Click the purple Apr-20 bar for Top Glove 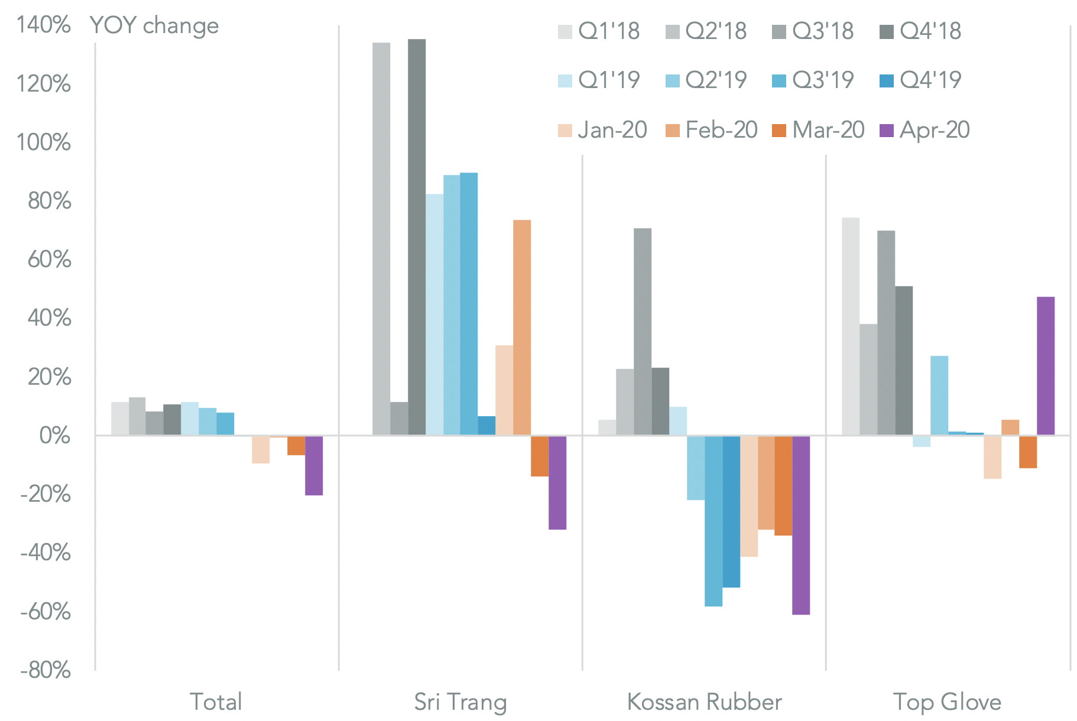point(1045,366)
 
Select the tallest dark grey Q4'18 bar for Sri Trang point(417,237)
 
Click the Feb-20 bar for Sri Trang point(522,327)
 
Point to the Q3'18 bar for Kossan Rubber point(643,332)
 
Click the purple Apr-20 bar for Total point(314,465)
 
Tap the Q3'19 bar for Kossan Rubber point(713,521)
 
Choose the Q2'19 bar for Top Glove point(939,395)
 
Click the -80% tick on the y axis point(46,670)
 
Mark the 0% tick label point(54,436)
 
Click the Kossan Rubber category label point(704,701)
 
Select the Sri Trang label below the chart point(460,701)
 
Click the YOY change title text point(154,25)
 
